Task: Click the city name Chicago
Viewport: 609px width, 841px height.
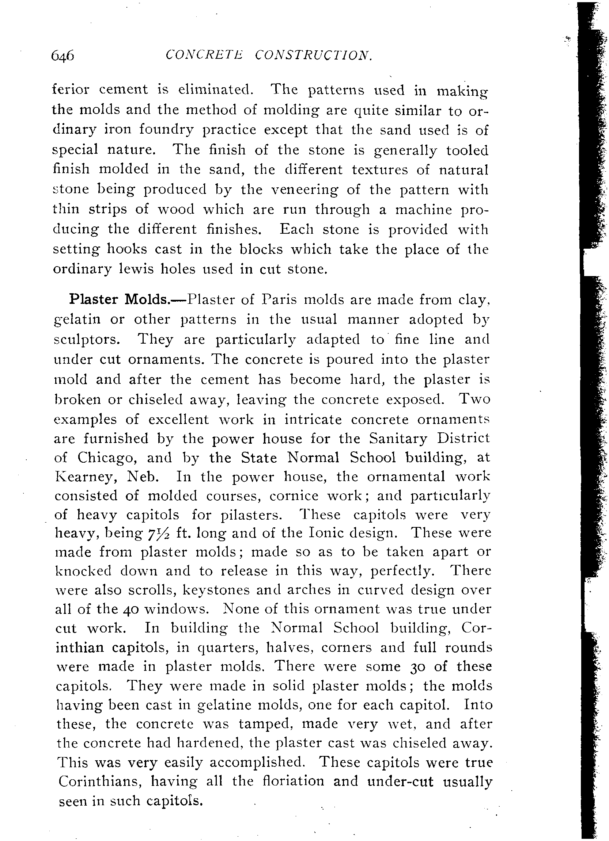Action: pos(107,458)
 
